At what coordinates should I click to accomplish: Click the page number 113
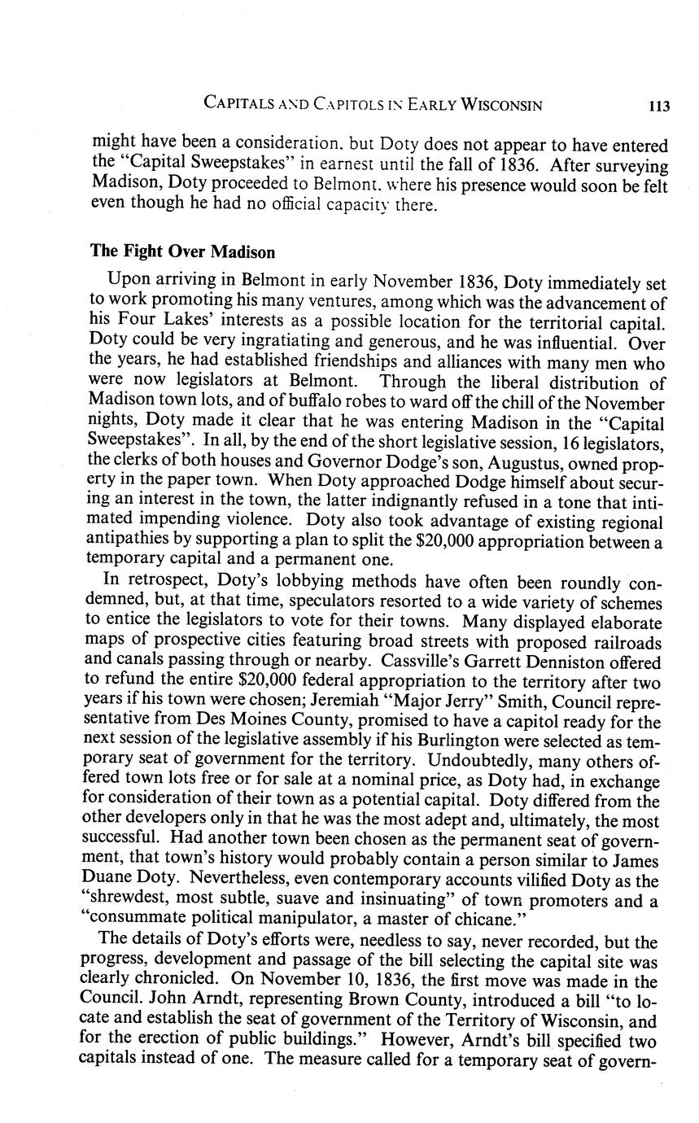659,105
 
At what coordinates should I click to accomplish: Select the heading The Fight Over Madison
172,251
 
